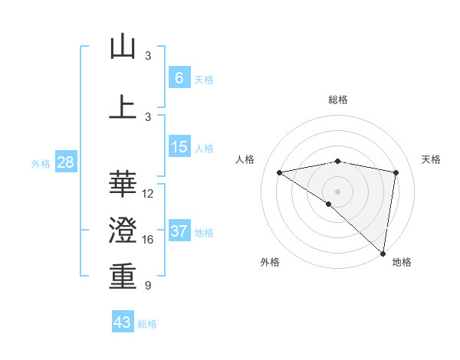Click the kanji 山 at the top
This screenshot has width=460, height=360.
click(x=123, y=47)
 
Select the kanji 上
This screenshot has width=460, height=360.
click(x=123, y=107)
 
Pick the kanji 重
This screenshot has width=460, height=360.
click(x=123, y=277)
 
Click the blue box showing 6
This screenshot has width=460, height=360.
click(x=179, y=78)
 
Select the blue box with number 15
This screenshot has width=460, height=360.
click(x=179, y=147)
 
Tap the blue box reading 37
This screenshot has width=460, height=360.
click(x=179, y=231)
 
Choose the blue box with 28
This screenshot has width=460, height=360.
click(x=65, y=162)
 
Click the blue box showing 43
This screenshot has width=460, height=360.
click(x=122, y=322)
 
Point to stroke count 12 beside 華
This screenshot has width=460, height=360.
click(x=148, y=194)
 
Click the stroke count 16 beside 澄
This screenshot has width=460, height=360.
click(x=148, y=240)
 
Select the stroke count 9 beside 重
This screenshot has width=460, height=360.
click(x=148, y=286)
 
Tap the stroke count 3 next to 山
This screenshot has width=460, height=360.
click(x=148, y=56)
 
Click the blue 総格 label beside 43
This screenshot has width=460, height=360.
click(x=147, y=324)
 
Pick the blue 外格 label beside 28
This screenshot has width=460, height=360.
click(x=41, y=164)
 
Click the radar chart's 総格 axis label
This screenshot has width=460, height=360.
click(x=337, y=100)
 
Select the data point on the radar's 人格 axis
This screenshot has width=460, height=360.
click(x=280, y=172)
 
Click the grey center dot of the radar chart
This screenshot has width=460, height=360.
click(x=337, y=191)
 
